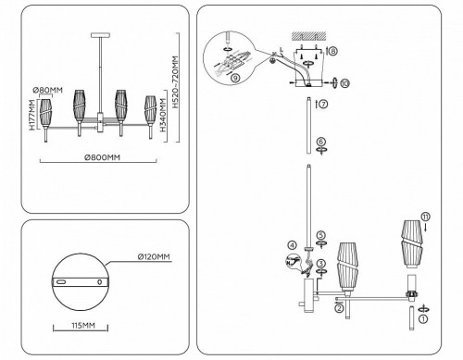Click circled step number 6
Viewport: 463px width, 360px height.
point(320,142)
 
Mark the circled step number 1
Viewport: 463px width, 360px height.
point(424,318)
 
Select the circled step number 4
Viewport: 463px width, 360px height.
point(293,245)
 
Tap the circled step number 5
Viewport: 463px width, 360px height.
point(320,236)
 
